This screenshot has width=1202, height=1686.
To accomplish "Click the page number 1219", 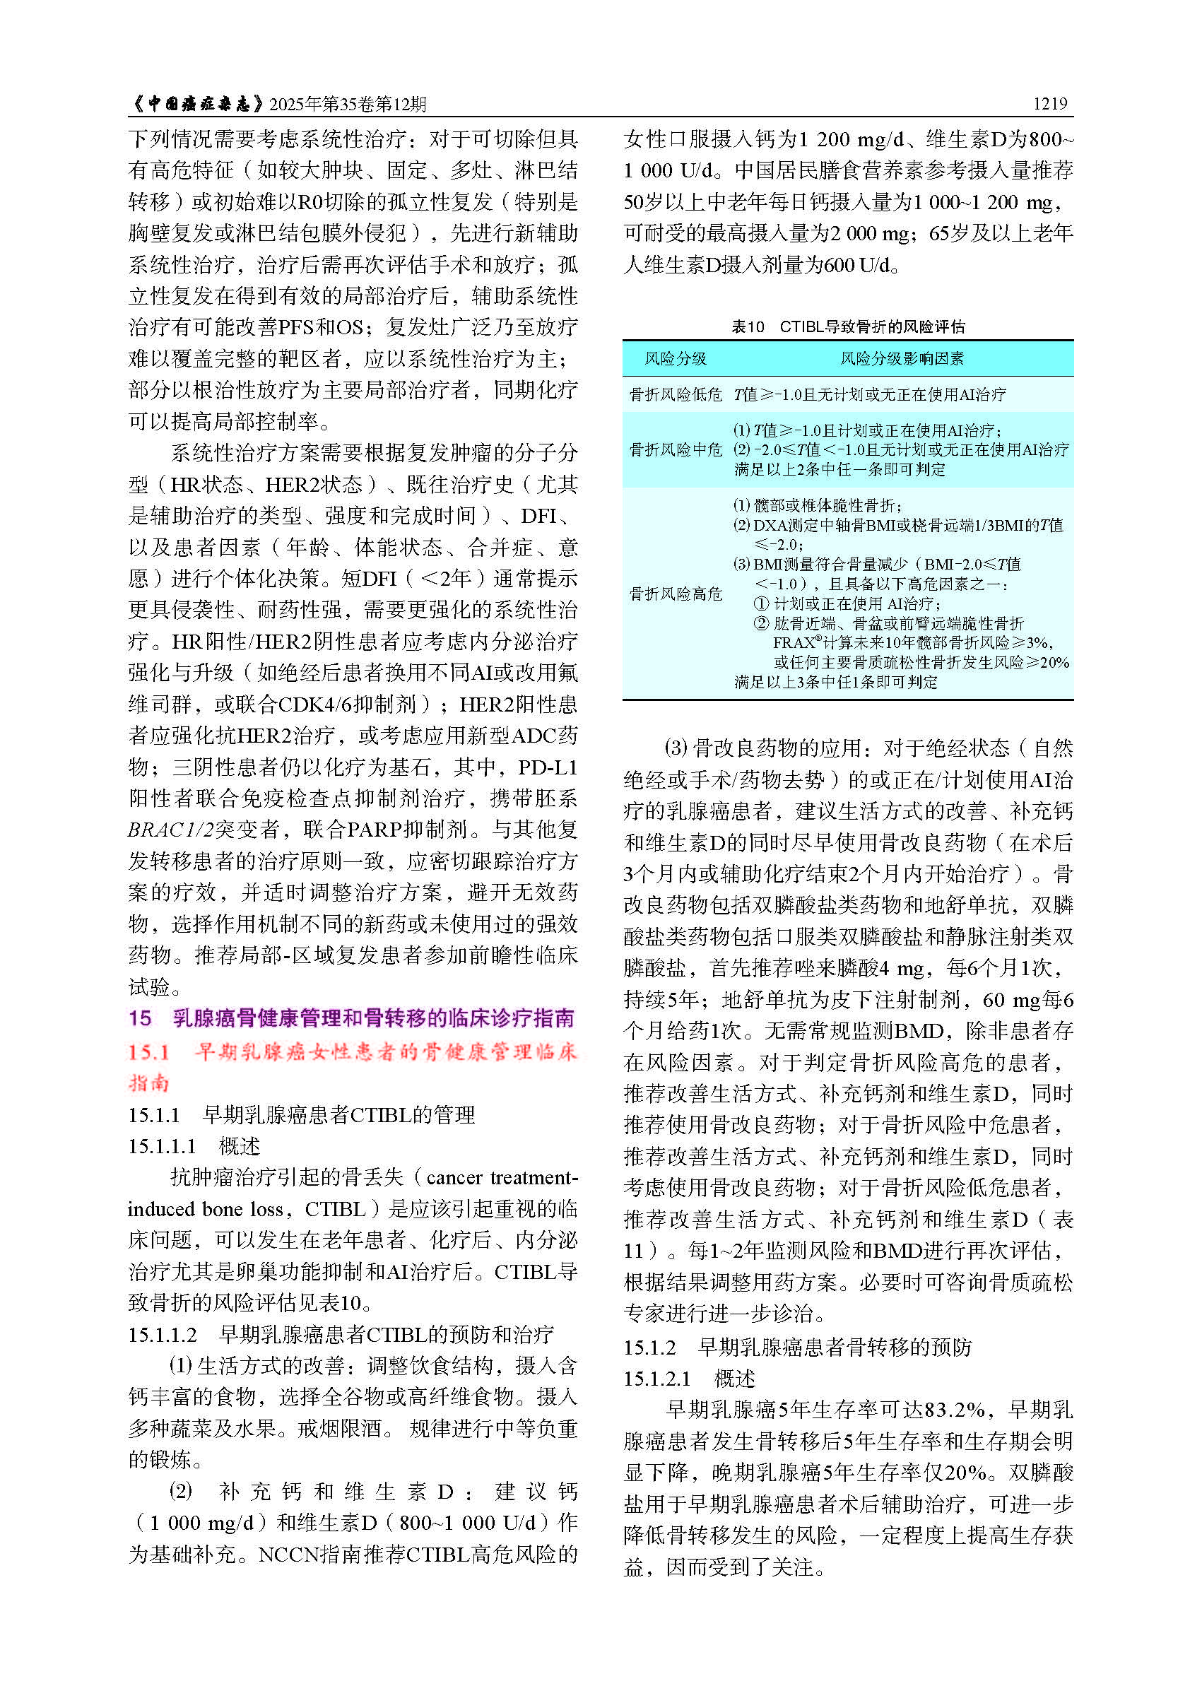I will [x=1049, y=104].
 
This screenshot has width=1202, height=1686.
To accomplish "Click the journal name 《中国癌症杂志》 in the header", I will [x=197, y=104].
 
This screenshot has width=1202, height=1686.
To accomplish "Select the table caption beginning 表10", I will [x=847, y=326].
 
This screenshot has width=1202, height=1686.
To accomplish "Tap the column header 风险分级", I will [x=675, y=359].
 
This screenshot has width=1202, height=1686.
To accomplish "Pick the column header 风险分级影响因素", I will [x=901, y=359].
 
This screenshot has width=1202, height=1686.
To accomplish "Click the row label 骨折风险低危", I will [x=675, y=394].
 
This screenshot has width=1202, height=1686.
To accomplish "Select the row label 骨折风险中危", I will [x=675, y=449].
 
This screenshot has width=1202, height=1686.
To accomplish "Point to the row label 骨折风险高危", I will [x=675, y=594].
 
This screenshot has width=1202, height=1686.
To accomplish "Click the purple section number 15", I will [x=140, y=1018].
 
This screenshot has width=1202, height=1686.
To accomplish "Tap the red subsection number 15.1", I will [x=149, y=1051].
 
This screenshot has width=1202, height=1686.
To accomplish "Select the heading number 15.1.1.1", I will [x=162, y=1146].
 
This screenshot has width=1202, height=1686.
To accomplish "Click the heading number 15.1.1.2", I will [x=163, y=1334].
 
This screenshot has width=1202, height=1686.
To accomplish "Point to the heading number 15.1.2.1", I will [x=657, y=1378].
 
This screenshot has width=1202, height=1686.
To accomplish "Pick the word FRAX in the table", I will [x=793, y=643].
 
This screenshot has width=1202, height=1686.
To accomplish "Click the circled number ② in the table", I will [x=761, y=623].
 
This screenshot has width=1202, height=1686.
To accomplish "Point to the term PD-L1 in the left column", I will [x=548, y=767].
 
